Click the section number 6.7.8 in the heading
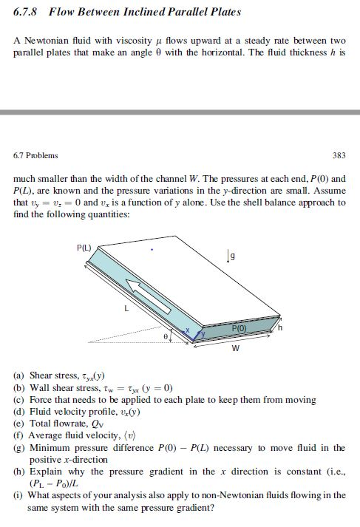27,13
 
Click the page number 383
339,156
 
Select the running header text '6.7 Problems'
35,156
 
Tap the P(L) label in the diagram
84,248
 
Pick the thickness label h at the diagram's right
280,326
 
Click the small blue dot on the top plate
152,249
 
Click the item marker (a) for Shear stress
19,375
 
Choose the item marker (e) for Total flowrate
19,424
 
